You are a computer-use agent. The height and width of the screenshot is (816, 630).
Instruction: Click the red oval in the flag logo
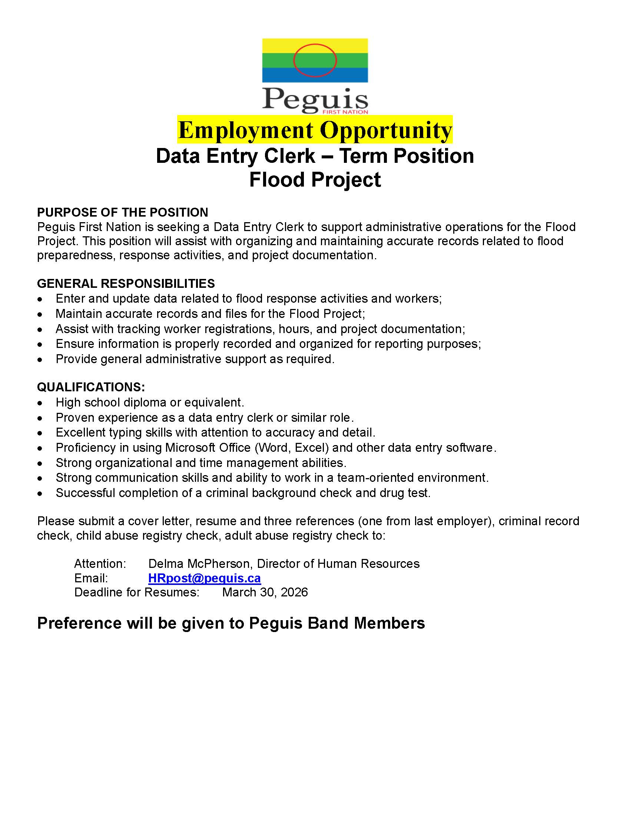pos(315,45)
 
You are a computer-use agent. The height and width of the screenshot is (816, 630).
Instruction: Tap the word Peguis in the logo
pos(315,99)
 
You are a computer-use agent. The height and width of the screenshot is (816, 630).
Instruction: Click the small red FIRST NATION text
pos(347,112)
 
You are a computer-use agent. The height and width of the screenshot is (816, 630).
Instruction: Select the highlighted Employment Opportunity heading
pos(315,130)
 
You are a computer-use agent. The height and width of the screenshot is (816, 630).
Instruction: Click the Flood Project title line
pos(315,180)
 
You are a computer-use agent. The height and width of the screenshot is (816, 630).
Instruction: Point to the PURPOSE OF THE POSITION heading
pos(122,212)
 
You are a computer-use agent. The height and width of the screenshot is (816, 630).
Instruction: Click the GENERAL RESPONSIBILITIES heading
pos(126,284)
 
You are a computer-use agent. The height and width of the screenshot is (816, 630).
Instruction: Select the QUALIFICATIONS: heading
pos(91,387)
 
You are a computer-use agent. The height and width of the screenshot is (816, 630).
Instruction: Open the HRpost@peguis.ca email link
pos(204,578)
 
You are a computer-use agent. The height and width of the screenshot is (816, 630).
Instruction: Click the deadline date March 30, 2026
pos(265,592)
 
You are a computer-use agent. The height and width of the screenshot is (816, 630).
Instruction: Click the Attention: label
pos(100,563)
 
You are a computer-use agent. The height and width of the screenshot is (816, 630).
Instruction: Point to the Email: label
pos(91,578)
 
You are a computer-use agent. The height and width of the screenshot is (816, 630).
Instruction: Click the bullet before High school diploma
pos(40,403)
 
